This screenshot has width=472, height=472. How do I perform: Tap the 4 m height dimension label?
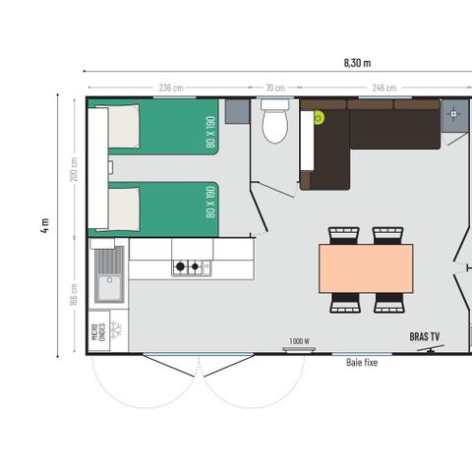(x=45, y=225)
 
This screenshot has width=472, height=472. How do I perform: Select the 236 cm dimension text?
(x=171, y=88)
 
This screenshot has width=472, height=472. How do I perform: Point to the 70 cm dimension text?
(x=275, y=88)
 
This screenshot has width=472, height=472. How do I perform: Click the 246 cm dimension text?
(x=383, y=88)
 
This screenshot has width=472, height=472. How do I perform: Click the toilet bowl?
(x=275, y=125)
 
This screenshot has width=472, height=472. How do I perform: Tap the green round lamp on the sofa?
(x=320, y=118)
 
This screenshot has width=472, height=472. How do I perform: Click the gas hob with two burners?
(x=187, y=266)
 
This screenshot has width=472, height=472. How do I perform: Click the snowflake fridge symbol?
(x=113, y=327)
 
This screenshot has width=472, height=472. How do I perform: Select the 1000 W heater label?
(x=299, y=341)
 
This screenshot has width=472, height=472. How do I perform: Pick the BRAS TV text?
(x=426, y=336)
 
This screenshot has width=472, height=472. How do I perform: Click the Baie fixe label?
(x=362, y=362)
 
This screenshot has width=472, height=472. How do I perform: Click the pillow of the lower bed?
(x=123, y=209)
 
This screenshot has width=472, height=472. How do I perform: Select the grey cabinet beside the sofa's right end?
(x=454, y=114)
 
